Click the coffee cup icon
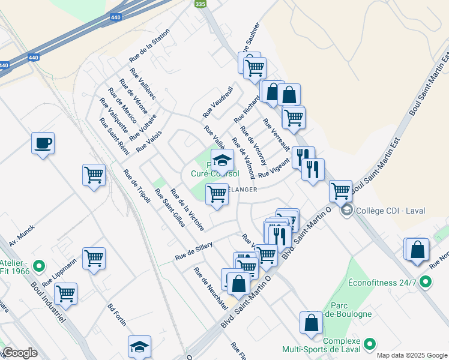point(43,143)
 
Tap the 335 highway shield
point(200,4)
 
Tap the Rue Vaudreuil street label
point(217,102)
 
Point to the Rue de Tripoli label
point(137,187)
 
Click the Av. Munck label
point(22,235)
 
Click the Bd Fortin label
point(116,314)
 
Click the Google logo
point(19,353)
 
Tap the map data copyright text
point(412,355)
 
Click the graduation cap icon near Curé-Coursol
point(222,160)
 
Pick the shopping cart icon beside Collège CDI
point(340,191)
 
